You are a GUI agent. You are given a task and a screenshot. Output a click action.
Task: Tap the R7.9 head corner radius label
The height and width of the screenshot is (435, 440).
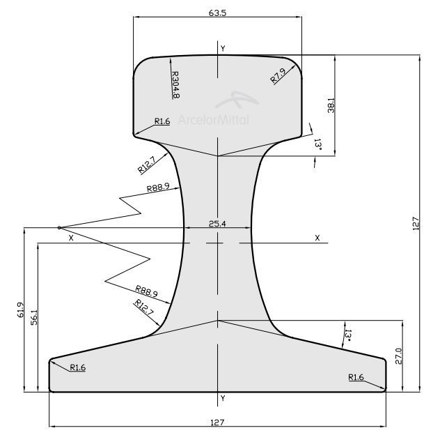pos(278,76)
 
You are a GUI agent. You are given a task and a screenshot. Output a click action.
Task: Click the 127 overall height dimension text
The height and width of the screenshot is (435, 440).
pos(416,224)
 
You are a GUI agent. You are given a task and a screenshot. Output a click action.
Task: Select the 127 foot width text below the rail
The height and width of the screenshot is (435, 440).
pos(218,422)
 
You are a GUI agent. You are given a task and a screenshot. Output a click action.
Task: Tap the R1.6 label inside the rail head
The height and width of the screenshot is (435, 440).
pos(162,121)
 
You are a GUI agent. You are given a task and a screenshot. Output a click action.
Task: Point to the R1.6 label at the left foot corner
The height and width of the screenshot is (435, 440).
pos(77,367)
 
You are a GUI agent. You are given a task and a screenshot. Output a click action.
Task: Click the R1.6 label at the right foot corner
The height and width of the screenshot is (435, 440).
pos(356,377)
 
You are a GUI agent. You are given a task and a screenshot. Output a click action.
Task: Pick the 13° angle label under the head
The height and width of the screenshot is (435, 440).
pos(317,144)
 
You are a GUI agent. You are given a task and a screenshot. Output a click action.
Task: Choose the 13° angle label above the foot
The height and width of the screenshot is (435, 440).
pos(345,336)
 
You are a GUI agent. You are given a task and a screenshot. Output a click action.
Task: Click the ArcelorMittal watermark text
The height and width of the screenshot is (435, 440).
pos(213,119)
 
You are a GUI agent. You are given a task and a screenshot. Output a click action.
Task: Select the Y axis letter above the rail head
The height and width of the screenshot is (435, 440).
pos(222,48)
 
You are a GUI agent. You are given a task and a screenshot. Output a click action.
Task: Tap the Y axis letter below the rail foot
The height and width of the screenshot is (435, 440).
pos(222,398)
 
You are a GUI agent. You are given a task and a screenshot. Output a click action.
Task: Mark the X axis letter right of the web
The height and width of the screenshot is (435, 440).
pos(317,238)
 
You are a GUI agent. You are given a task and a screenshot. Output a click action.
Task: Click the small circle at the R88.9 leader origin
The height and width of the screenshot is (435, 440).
pos(59,227)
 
